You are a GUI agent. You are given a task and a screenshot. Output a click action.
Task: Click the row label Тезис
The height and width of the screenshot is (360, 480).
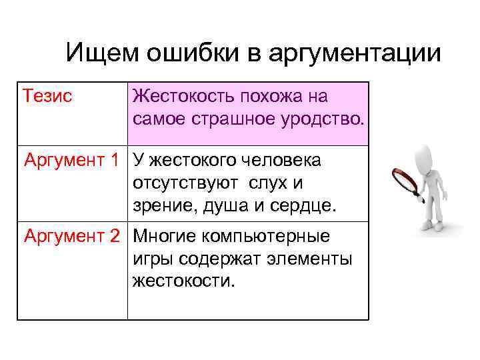47,96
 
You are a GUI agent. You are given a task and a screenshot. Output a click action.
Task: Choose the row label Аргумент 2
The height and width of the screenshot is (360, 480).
72,236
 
